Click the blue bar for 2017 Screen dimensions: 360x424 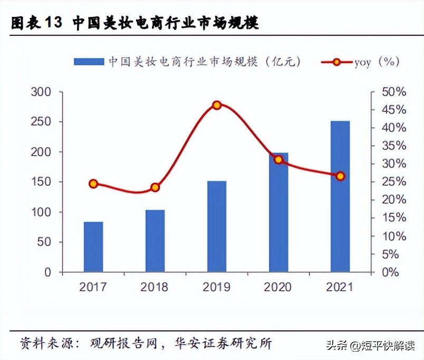pos(93,247)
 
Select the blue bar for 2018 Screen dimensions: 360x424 pos(155,241)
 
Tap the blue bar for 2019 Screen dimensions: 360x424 pos(217,226)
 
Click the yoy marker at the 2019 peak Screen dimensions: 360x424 pos(217,105)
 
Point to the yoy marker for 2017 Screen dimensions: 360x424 pos(93,184)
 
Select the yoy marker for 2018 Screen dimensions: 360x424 pos(155,187)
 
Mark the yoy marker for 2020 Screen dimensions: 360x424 pos(278,159)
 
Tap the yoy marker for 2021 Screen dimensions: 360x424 pos(340,176)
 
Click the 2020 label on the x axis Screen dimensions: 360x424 pos(278,287)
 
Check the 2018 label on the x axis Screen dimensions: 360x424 pos(155,287)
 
